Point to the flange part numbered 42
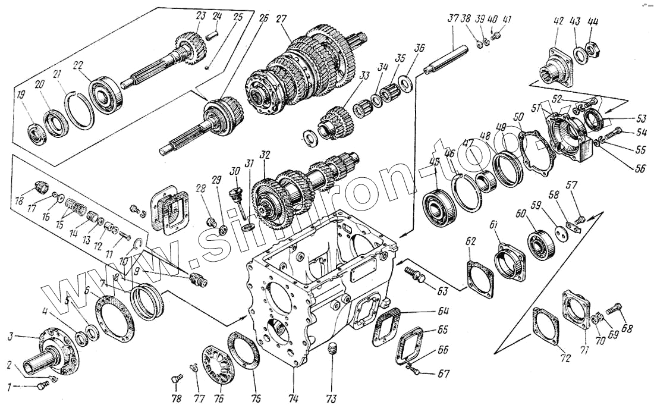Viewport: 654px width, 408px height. (558, 62)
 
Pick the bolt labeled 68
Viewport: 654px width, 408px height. (614, 309)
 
